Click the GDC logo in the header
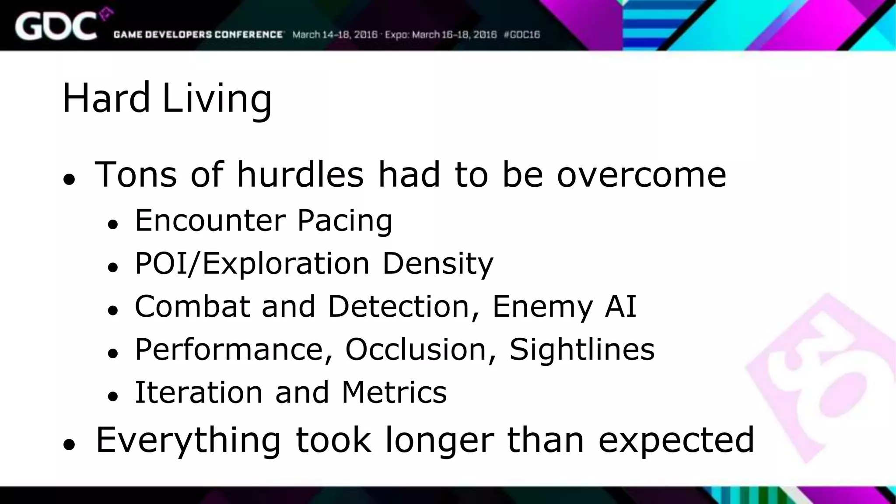57,26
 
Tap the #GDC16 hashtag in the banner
522,35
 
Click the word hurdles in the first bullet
300,175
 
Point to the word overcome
641,175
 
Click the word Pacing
345,221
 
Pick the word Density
438,264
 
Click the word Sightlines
582,350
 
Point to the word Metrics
394,392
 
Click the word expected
676,440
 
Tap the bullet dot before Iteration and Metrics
113,396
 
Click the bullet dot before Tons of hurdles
69,179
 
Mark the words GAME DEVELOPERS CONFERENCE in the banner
198,35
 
